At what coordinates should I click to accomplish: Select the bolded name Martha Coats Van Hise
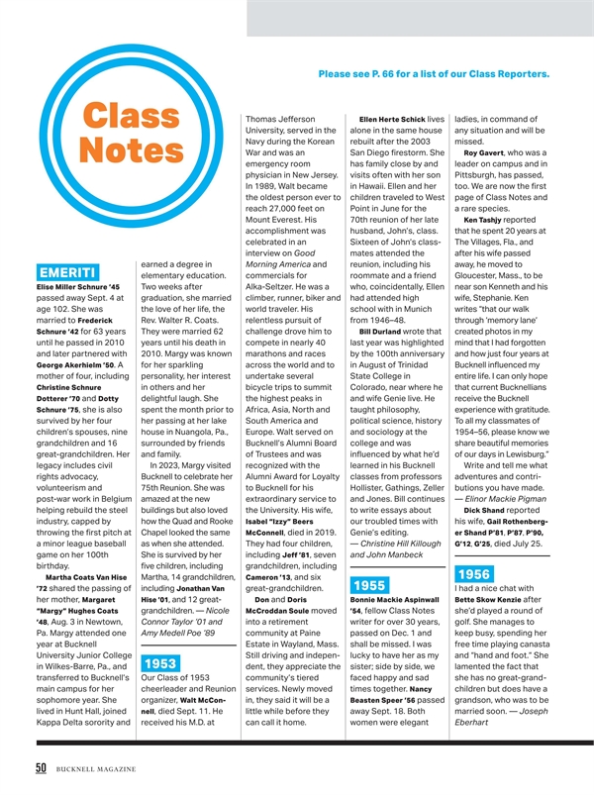(86, 577)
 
